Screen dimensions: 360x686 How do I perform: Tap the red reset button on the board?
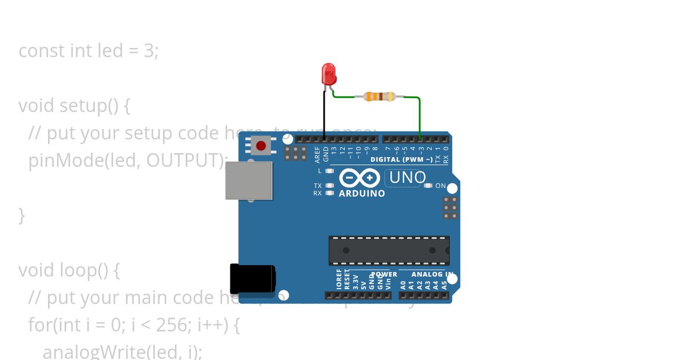(x=261, y=145)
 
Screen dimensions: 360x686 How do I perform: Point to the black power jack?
(x=252, y=279)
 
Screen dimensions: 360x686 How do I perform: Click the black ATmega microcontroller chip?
(x=389, y=250)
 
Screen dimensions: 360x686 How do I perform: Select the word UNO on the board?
(x=406, y=178)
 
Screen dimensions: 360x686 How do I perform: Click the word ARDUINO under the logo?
(x=362, y=194)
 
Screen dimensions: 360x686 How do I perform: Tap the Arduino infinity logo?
(x=360, y=178)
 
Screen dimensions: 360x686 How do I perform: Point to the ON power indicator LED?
(x=428, y=186)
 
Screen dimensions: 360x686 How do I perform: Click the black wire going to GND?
(x=324, y=114)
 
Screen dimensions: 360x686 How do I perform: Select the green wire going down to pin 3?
(x=420, y=117)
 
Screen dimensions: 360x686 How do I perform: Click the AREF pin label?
(x=318, y=155)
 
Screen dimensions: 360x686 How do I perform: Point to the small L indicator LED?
(x=329, y=171)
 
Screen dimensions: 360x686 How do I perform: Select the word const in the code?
(x=41, y=51)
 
